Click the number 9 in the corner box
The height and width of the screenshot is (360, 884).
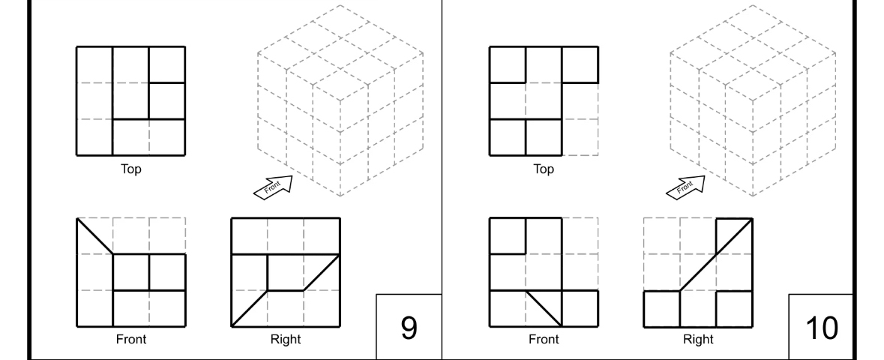[x=408, y=328]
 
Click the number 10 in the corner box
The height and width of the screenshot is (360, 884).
[x=821, y=328]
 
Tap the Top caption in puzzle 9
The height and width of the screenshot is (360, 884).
[x=130, y=169]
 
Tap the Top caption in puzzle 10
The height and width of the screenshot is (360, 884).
[x=544, y=169]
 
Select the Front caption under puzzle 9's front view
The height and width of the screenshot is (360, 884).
[x=130, y=339]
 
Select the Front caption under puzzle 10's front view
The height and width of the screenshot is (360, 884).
[x=544, y=339]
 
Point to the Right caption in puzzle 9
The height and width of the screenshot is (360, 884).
[x=285, y=339]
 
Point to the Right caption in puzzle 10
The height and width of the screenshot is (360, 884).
[x=698, y=339]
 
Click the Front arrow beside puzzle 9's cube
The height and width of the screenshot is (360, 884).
[x=272, y=187]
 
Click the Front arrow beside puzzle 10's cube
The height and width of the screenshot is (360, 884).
[x=685, y=187]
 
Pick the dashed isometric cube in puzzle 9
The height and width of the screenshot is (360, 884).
[x=340, y=101]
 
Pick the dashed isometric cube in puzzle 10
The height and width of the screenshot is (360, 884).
[x=753, y=101]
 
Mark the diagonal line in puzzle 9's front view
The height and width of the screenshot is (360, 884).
[x=94, y=235]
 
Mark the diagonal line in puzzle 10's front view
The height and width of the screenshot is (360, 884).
[x=544, y=307]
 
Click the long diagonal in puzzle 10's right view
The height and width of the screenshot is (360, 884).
[x=715, y=254]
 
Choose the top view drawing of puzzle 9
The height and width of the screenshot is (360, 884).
[x=130, y=100]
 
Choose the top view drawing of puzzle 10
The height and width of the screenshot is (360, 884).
[x=544, y=100]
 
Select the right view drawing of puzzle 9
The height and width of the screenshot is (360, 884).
[x=285, y=272]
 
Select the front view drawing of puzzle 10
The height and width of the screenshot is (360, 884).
[x=544, y=272]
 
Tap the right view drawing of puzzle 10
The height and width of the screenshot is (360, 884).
[x=698, y=272]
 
